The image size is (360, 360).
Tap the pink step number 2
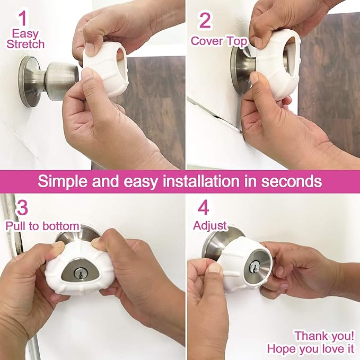click(205, 21)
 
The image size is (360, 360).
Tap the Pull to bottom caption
click(42, 226)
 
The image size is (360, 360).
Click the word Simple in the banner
click(65, 181)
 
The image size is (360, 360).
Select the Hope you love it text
click(311, 348)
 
